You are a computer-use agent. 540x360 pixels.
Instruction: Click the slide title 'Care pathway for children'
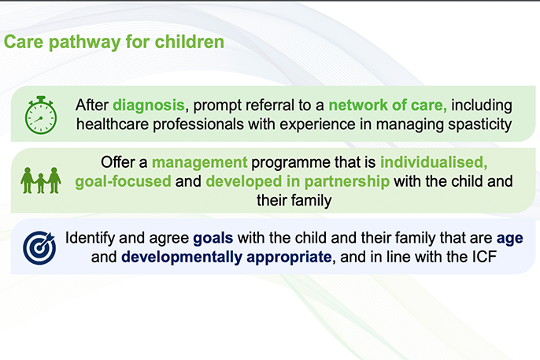point(114,42)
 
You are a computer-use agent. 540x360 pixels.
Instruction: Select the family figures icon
point(40,181)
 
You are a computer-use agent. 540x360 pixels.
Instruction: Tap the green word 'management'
point(199,163)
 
